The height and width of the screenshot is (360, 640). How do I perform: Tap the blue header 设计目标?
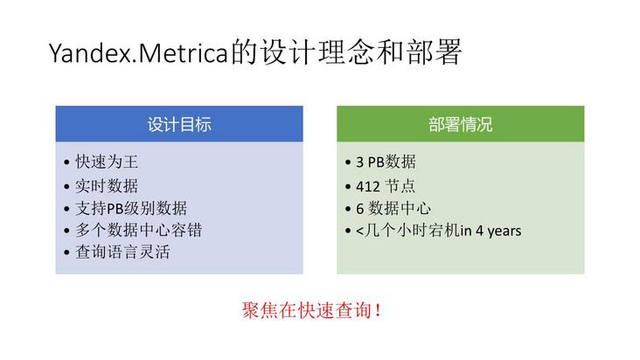pyautogui.click(x=179, y=124)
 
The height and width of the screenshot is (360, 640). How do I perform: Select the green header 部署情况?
pyautogui.click(x=461, y=124)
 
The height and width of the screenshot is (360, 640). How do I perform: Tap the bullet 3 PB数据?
pyautogui.click(x=386, y=163)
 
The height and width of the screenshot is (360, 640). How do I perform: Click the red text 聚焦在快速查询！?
pyautogui.click(x=311, y=310)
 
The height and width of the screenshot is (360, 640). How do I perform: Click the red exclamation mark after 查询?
pyautogui.click(x=378, y=310)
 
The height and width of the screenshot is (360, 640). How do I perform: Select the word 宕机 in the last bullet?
pyautogui.click(x=445, y=231)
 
